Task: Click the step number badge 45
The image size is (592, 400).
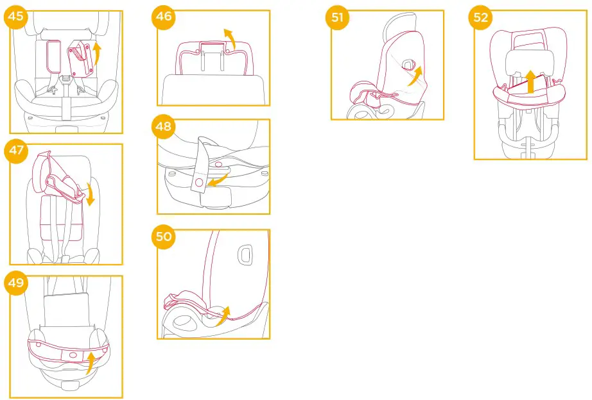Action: pos(16,16)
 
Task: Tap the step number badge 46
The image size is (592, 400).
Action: pos(164,16)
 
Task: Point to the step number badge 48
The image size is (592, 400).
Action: pos(164,126)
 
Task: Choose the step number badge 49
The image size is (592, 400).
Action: pos(16,283)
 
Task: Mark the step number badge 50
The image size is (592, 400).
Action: pos(164,237)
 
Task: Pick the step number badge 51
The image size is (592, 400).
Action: pos(338,17)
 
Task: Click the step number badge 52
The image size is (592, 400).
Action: pos(481,17)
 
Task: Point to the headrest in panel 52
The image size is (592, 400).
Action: pos(530,61)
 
